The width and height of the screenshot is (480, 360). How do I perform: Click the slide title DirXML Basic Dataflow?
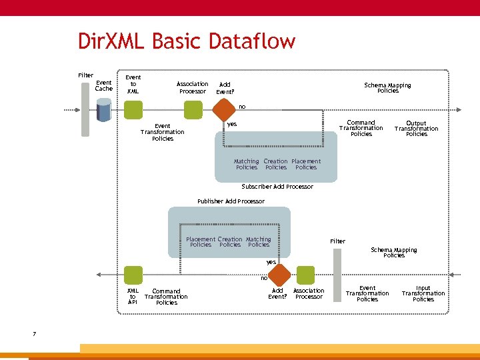coord(186,41)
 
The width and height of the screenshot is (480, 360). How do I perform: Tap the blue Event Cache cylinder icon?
coord(103,110)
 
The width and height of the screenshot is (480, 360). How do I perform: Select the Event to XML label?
coord(133,84)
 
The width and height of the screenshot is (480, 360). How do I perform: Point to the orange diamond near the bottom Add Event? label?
coord(280,275)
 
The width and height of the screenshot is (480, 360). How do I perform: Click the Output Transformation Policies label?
coord(416,129)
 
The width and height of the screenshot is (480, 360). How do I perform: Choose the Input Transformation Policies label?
coord(423,294)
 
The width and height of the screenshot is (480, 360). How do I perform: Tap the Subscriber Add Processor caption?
coord(277,187)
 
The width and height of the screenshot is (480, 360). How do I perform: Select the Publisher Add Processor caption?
coord(231,201)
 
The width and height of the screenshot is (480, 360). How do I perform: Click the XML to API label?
coord(133,296)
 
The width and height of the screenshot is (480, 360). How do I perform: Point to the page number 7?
coord(34,333)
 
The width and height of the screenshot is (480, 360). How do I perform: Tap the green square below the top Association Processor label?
coord(193,109)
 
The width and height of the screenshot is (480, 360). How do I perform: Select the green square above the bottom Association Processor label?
coord(305,275)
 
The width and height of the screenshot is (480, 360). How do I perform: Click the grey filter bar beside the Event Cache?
coord(85,108)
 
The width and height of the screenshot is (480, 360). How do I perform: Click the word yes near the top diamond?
coord(232,124)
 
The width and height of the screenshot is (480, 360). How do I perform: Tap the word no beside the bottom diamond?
coord(264,278)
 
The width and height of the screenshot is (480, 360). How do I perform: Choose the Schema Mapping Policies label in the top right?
coord(387,87)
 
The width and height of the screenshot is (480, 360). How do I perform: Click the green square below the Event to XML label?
coord(133,109)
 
